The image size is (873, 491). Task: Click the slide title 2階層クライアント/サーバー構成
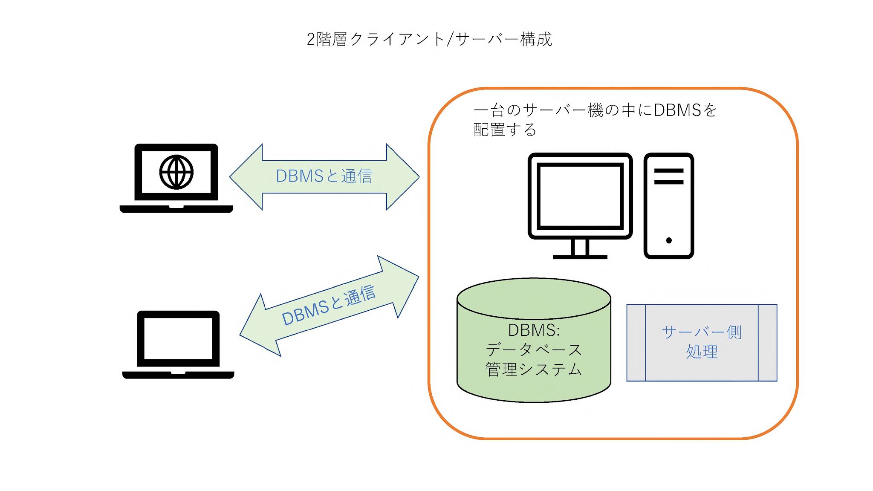[429, 39]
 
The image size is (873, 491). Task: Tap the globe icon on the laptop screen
[176, 172]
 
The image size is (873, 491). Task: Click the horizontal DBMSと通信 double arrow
[324, 176]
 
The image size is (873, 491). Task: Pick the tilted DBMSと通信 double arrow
[328, 306]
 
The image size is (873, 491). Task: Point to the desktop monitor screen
[580, 196]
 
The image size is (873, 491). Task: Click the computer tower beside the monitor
[668, 205]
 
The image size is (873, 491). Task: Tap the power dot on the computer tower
[669, 240]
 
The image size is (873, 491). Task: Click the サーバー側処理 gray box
[702, 343]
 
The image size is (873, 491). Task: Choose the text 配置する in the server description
[505, 130]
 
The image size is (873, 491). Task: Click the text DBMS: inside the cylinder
[534, 330]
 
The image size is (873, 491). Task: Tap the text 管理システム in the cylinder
[534, 369]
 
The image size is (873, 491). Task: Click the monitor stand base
[580, 257]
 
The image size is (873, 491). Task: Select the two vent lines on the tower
[668, 176]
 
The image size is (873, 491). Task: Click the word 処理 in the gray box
[702, 352]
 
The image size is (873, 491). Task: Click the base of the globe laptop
[176, 209]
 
